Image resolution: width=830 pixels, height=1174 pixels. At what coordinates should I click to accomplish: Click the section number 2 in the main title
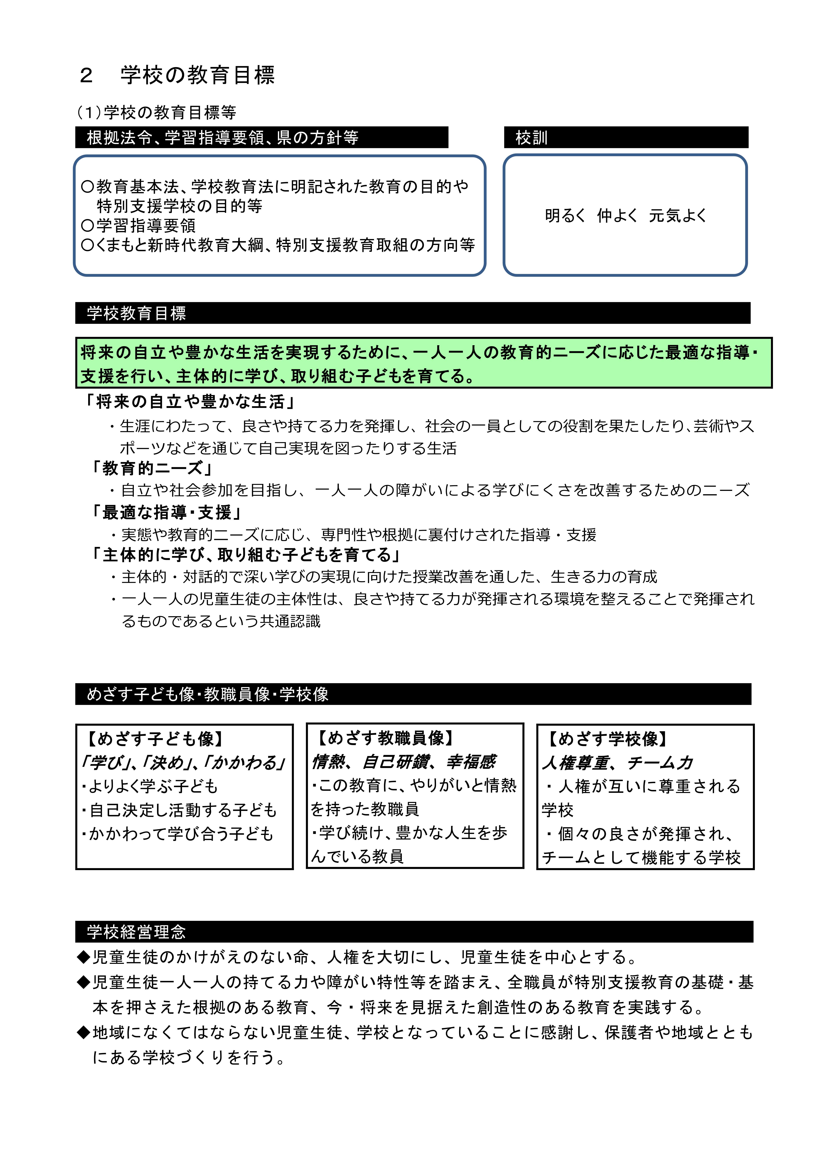click(86, 76)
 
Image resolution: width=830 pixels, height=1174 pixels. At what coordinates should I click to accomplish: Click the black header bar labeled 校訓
click(625, 138)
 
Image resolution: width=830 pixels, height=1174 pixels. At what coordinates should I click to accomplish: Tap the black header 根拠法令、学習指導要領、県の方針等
click(261, 138)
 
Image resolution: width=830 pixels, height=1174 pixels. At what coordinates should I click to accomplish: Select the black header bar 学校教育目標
click(412, 313)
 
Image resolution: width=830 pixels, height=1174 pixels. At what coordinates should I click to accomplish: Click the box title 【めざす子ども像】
click(155, 739)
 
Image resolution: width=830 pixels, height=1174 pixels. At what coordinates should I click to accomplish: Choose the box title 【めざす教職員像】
click(385, 738)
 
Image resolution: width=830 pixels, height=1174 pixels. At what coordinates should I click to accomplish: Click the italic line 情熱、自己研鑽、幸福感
click(404, 762)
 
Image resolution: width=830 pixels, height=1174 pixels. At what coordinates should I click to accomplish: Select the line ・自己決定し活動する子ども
click(179, 810)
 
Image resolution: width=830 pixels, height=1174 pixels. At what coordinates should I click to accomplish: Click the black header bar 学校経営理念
click(413, 932)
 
